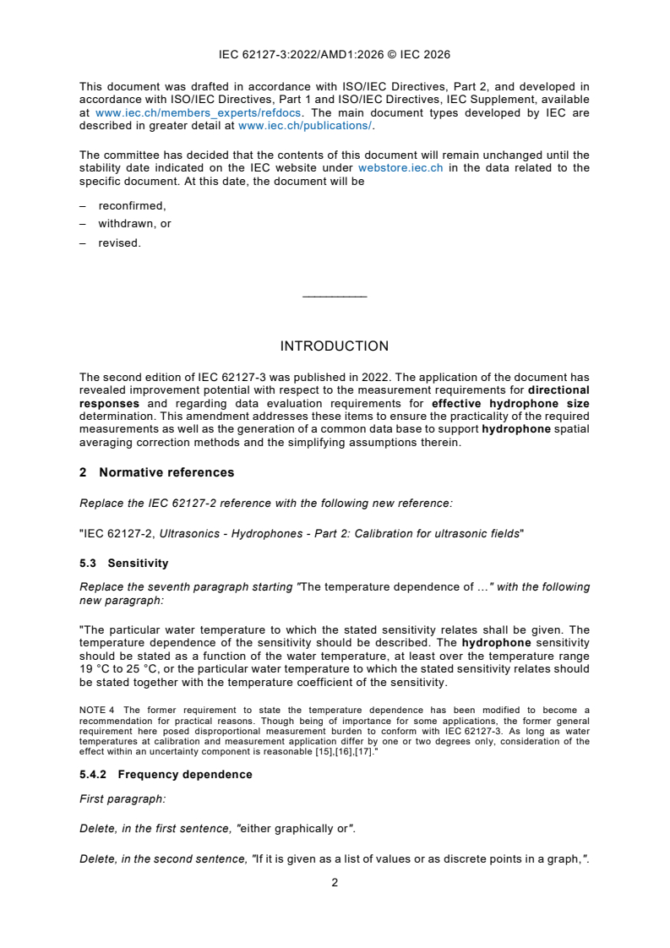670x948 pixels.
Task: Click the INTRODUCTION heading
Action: [334, 346]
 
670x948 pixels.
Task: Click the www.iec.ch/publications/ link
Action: [304, 126]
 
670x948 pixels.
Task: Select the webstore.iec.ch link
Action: [400, 168]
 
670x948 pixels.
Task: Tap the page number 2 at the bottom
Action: [335, 883]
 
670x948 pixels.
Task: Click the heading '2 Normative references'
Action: [156, 473]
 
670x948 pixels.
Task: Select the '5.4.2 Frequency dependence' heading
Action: [166, 775]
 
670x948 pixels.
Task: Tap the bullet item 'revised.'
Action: [119, 242]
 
